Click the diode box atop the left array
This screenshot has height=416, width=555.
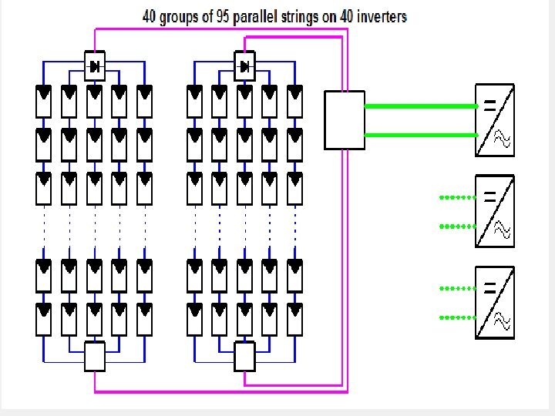[x=95, y=66]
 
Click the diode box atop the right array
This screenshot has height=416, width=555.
[x=244, y=66]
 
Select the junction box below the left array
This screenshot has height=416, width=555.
[x=94, y=357]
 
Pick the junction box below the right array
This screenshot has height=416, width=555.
[x=244, y=357]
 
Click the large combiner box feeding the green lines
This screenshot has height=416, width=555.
[x=345, y=119]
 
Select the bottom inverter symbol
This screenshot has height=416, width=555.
[x=494, y=302]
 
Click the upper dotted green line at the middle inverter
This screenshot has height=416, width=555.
[x=457, y=197]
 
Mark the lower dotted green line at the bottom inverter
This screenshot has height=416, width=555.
[x=457, y=317]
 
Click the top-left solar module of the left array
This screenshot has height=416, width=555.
[x=44, y=101]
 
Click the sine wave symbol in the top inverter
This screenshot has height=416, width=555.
[x=502, y=139]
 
